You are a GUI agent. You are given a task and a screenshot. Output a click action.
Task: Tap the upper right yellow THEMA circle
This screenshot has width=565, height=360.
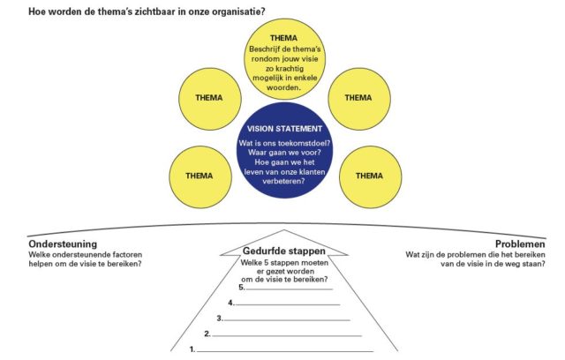click(357, 98)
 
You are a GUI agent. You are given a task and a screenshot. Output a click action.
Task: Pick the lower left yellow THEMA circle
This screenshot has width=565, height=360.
click(198, 175)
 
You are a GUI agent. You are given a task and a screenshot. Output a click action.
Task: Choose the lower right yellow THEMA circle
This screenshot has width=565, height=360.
click(369, 175)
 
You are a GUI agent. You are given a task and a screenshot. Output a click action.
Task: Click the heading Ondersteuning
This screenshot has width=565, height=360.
click(63, 244)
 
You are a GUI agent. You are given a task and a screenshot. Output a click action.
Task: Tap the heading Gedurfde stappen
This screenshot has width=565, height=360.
click(282, 251)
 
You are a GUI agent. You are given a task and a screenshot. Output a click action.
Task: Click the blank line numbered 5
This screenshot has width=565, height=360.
click(289, 289)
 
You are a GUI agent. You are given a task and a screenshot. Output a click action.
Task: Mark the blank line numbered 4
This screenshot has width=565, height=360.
click(287, 304)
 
